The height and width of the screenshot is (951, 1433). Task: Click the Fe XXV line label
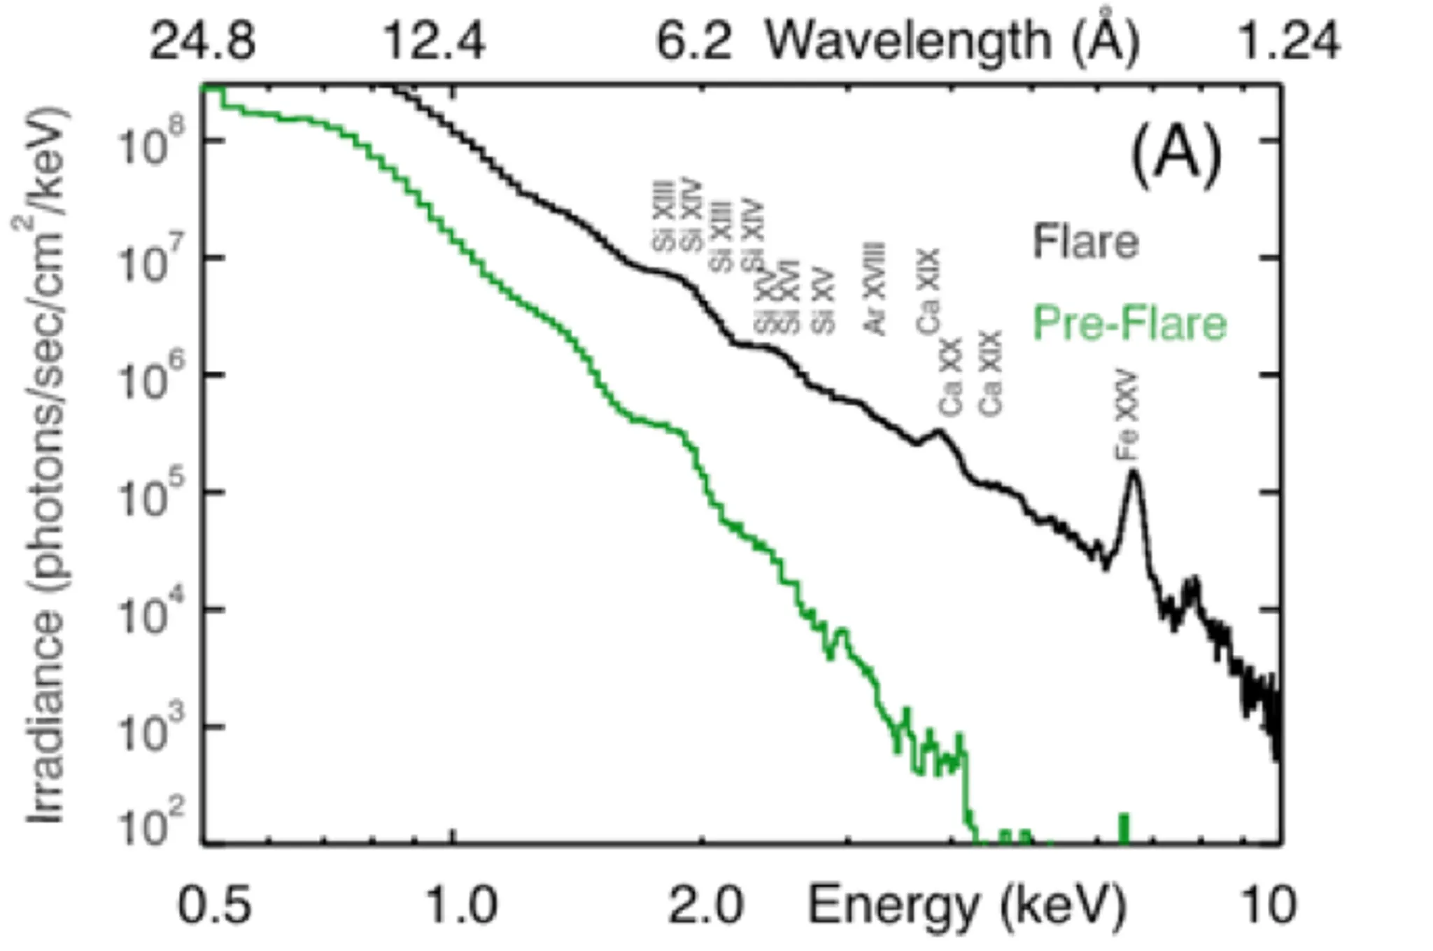pyautogui.click(x=1127, y=417)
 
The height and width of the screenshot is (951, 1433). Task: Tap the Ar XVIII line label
pyautogui.click(x=876, y=288)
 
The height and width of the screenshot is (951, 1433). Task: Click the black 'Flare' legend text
pyautogui.click(x=1085, y=242)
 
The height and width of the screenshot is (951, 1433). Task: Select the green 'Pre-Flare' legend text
pyautogui.click(x=1129, y=323)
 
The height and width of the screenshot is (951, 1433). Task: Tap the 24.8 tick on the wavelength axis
pyautogui.click(x=203, y=41)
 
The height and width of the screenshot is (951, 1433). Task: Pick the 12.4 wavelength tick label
pyautogui.click(x=435, y=41)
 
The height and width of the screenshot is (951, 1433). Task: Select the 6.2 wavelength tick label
pyautogui.click(x=693, y=41)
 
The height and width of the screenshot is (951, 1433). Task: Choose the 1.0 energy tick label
pyautogui.click(x=462, y=906)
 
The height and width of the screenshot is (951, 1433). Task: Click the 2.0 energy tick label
pyautogui.click(x=705, y=906)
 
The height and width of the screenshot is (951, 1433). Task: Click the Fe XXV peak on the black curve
pyautogui.click(x=1132, y=473)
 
